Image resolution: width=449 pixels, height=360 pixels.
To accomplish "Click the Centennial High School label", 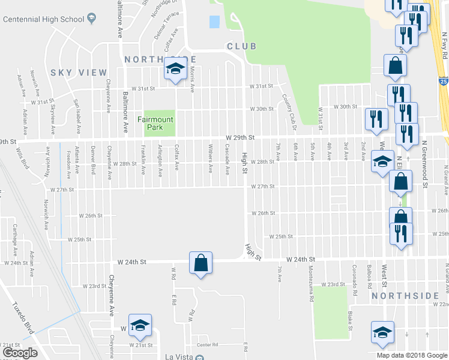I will [43, 19].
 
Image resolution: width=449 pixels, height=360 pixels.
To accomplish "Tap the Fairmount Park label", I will [155, 123].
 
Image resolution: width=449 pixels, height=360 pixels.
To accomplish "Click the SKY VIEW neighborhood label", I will [78, 73].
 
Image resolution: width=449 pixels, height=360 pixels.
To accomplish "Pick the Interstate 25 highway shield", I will [443, 79].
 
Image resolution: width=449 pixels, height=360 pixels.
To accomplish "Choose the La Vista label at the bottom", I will [180, 356].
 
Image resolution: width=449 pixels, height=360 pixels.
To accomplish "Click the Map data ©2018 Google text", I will [411, 355].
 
